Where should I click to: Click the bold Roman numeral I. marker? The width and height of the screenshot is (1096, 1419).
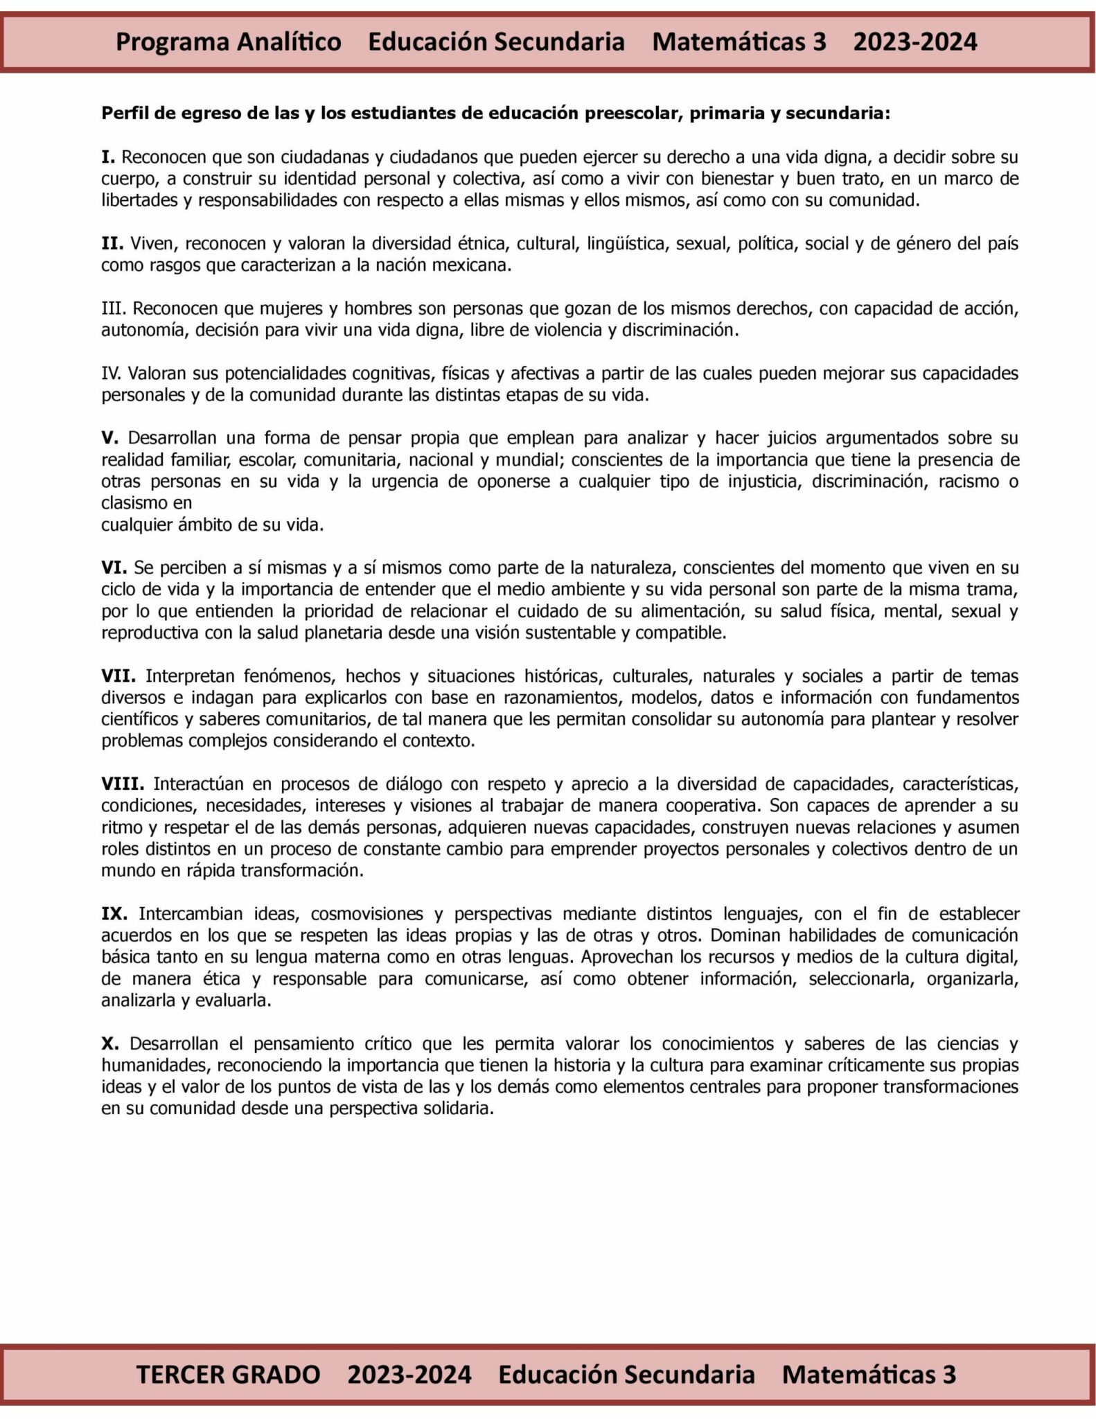pos(108,157)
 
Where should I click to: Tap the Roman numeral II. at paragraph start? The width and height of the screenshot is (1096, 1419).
pos(112,244)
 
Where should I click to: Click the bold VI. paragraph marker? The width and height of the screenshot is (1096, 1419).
pos(114,568)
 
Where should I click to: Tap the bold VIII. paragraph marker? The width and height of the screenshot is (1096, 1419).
pos(122,784)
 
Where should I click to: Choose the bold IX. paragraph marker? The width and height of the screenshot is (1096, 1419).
pos(114,914)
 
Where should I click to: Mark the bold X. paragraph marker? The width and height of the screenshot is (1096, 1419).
pos(110,1043)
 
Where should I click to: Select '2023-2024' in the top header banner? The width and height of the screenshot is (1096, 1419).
pos(914,42)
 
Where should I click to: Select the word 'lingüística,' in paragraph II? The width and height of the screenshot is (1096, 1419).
pos(626,244)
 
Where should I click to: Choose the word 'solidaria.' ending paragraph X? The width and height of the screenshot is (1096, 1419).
pos(458,1109)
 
